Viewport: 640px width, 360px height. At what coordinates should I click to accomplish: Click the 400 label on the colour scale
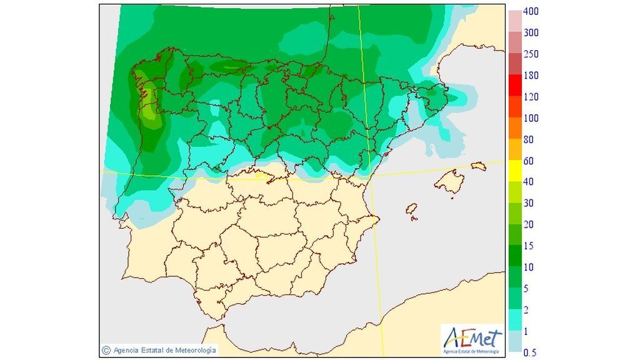[x=531, y=12]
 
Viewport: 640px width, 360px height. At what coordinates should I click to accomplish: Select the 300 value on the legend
[x=531, y=33]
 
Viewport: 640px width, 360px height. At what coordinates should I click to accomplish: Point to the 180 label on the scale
[x=531, y=76]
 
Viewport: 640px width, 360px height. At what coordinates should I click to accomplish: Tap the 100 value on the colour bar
[x=531, y=118]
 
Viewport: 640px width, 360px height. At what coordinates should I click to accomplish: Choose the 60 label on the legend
[x=528, y=161]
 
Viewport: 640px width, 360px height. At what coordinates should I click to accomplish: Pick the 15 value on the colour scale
[x=528, y=246]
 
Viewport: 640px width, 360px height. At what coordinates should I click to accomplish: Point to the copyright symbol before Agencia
[x=106, y=350]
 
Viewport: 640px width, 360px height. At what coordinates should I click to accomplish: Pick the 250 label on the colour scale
[x=531, y=54]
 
